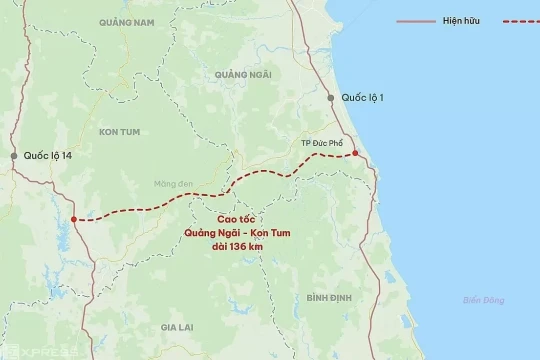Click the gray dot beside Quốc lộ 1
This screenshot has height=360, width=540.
coord(330,97)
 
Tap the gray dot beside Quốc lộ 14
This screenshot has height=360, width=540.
coord(14,156)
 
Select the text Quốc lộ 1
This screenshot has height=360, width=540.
coord(362,97)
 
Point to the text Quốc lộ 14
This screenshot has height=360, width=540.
coord(47,156)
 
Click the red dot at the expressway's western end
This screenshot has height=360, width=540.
coord(75,219)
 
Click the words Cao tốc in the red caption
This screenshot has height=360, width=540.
coord(232,219)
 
